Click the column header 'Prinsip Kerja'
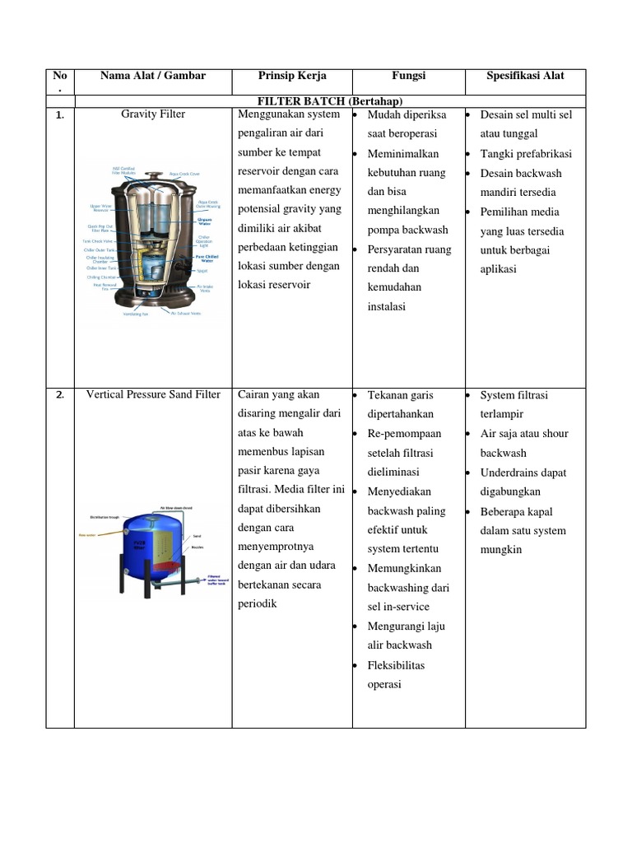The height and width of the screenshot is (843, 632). point(292,76)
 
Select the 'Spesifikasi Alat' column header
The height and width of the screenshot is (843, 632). point(526,76)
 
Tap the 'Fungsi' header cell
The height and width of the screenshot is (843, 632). point(408,76)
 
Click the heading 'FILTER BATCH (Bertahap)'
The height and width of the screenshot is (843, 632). point(329,100)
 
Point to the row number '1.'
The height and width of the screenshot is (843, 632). point(59,115)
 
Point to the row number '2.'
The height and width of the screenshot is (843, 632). point(59,395)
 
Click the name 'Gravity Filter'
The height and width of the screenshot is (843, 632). point(153,114)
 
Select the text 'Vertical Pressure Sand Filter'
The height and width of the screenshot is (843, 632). point(153,394)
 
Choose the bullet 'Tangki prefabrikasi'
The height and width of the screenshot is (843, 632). point(525,154)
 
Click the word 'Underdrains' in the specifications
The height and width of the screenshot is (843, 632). point(509,473)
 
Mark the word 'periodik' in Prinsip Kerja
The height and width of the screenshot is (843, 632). point(257,603)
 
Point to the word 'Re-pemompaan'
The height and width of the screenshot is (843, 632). point(404,433)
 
